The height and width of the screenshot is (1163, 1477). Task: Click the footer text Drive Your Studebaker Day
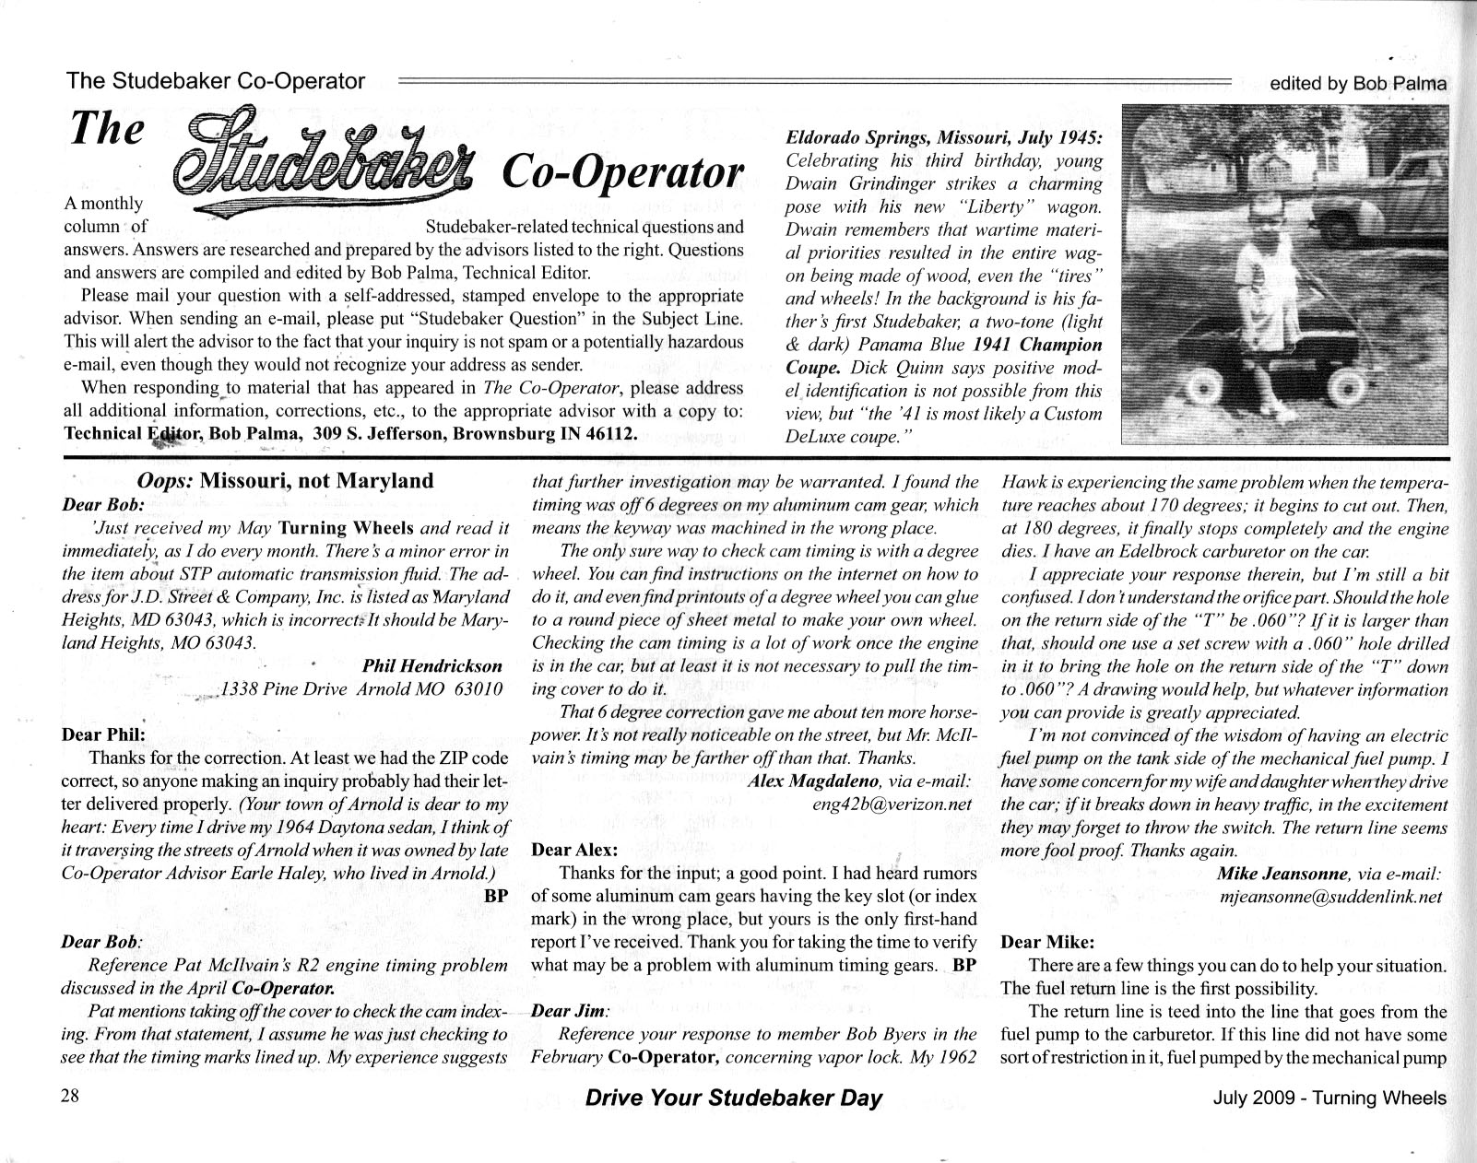point(733,1098)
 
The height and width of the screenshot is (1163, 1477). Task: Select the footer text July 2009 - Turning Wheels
point(1329,1098)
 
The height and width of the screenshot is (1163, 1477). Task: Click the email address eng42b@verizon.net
point(892,804)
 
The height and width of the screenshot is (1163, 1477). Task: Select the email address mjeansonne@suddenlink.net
point(1329,896)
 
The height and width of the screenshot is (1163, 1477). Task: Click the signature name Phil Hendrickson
point(432,665)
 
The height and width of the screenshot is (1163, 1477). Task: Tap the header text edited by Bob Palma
point(1357,83)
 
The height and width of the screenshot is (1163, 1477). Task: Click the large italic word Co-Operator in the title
point(621,172)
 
